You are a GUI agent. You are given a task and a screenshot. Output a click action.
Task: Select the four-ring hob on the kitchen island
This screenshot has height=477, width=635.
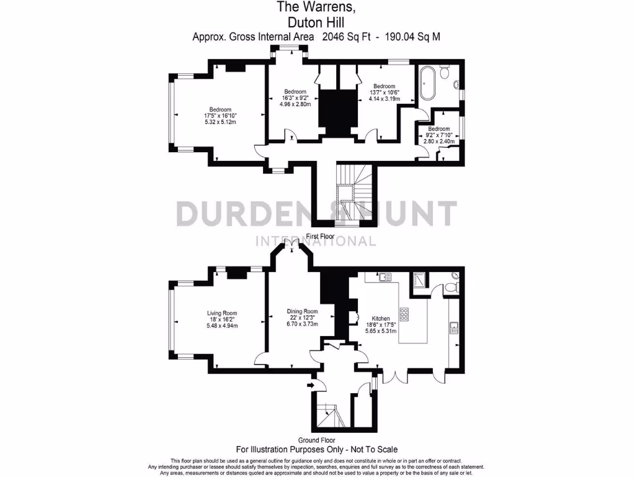(x=405, y=315)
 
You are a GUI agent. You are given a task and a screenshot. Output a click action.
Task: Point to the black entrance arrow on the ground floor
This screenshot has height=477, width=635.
(x=311, y=386)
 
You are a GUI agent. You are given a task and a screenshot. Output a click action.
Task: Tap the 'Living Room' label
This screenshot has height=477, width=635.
(x=222, y=314)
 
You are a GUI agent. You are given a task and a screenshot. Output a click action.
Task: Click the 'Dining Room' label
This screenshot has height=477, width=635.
(x=302, y=311)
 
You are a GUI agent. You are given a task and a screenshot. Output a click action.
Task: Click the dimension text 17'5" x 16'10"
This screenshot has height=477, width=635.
(x=221, y=116)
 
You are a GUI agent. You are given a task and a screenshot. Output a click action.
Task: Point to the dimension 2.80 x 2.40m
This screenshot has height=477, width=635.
(x=439, y=141)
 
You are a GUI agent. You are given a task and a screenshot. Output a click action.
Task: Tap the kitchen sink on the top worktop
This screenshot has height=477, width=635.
(x=383, y=277)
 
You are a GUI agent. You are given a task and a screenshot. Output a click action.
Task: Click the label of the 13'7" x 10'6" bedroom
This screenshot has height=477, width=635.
(x=384, y=86)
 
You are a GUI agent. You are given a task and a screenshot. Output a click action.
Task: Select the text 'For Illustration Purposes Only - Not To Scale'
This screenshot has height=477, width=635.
(x=317, y=449)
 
